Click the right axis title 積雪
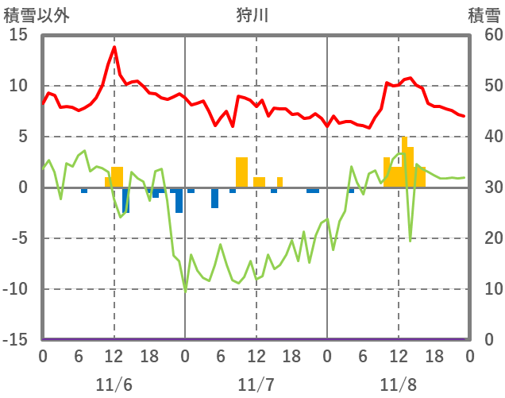click(484, 15)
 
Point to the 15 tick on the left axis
click(18, 35)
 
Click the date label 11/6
click(114, 384)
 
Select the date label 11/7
click(256, 384)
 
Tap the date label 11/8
click(398, 384)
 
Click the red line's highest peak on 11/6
click(114, 48)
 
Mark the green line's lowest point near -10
click(185, 291)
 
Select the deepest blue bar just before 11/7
click(179, 200)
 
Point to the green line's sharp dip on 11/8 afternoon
click(411, 240)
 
